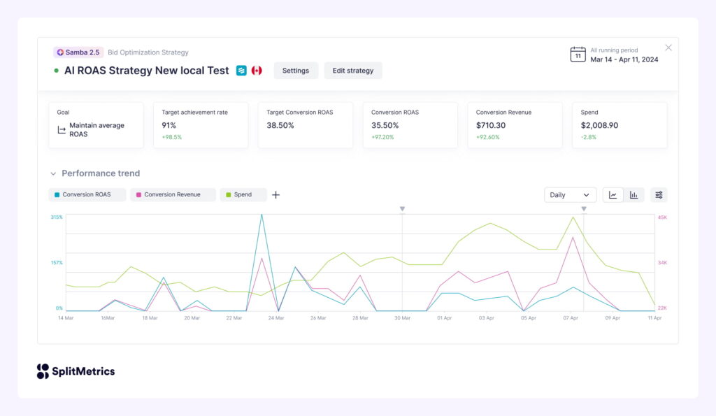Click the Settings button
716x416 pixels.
[296, 71]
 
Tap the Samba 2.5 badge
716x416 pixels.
[78, 52]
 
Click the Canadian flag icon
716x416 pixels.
[257, 71]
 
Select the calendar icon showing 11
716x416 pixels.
[578, 55]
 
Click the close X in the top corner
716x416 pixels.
[668, 48]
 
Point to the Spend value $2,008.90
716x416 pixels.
[599, 126]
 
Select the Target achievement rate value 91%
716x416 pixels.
[169, 126]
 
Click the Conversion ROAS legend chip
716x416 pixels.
[87, 194]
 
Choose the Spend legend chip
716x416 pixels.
[243, 194]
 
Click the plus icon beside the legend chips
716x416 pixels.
[275, 195]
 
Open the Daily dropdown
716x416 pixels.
[570, 195]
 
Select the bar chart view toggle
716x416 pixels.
[633, 195]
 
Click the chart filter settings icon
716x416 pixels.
[659, 195]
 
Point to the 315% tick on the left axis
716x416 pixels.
[57, 217]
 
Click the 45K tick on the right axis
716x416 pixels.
[661, 217]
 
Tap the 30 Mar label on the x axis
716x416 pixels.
[403, 318]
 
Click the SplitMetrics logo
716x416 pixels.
[76, 371]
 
